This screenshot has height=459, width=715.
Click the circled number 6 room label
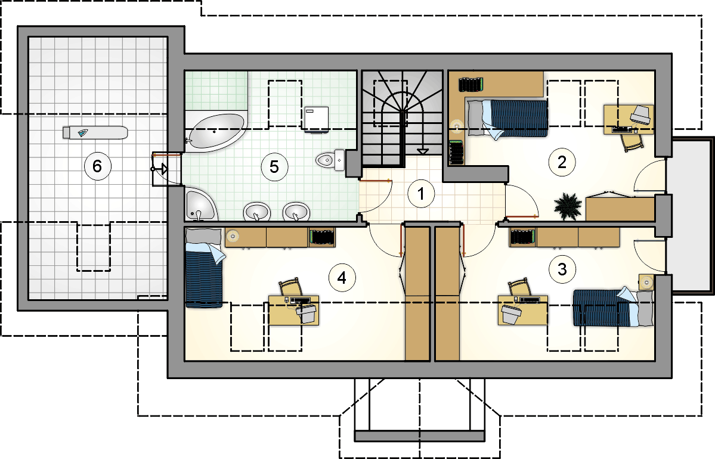click(97, 166)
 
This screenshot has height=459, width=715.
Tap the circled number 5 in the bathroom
click(274, 166)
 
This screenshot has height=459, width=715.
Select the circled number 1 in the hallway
click(421, 194)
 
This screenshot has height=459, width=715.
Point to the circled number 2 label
click(562, 162)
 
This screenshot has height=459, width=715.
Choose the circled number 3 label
click(562, 269)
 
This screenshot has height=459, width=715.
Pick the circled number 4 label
click(342, 278)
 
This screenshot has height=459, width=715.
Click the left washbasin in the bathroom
click(257, 212)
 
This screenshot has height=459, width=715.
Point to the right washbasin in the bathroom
click(296, 212)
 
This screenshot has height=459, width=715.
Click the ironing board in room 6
click(95, 133)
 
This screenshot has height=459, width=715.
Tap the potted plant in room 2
click(568, 206)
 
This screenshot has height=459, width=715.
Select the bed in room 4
click(204, 268)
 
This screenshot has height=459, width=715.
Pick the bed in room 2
click(507, 118)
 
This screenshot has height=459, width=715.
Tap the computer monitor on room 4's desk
click(307, 314)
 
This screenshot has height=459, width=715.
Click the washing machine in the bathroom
click(316, 119)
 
